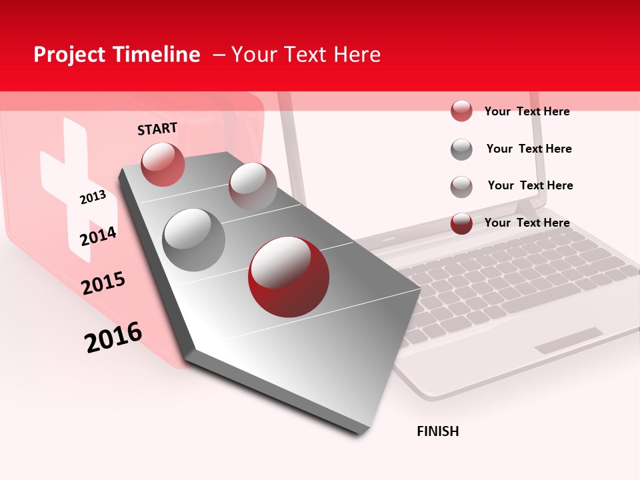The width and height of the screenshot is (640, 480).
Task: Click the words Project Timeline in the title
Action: coord(117,55)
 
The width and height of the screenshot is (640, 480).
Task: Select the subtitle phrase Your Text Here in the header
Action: coord(306,55)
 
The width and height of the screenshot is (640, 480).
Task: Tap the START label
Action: coord(157,129)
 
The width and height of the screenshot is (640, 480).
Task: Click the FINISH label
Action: coord(438,431)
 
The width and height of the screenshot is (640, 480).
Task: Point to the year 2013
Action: coord(93,197)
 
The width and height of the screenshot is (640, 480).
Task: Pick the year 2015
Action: coord(103,283)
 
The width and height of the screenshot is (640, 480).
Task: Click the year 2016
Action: coord(113,337)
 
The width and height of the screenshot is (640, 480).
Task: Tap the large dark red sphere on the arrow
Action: coord(289,277)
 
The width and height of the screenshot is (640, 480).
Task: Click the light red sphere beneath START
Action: coord(163,164)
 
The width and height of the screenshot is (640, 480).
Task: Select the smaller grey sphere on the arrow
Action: coord(253,185)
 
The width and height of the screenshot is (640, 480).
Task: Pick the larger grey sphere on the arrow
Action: coord(194,239)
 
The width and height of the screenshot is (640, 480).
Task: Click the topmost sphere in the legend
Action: coord(461,111)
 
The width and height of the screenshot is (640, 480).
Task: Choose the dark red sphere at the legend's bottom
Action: coord(461,223)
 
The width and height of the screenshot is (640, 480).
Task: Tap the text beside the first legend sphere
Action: coord(527,111)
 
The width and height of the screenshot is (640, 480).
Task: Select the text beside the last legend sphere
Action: coord(527,223)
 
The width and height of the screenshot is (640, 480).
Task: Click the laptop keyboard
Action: coord(513,273)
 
